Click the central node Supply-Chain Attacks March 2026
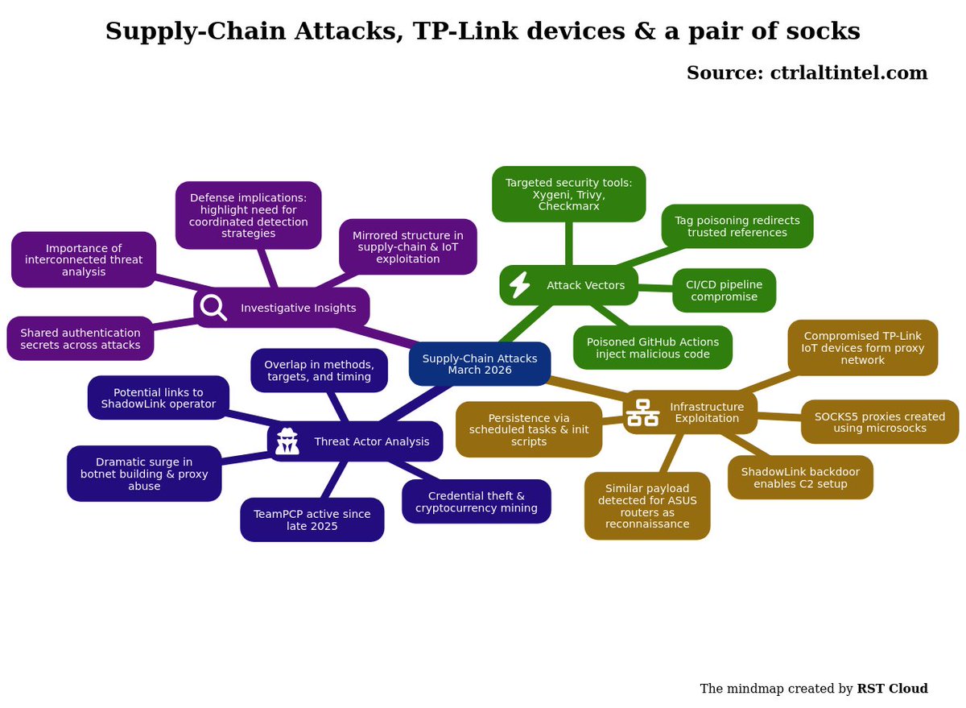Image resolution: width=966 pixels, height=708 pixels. point(480,364)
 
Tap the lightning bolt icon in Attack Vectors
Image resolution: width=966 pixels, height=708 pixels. point(520,285)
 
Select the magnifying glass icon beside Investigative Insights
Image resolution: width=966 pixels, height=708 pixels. point(213,308)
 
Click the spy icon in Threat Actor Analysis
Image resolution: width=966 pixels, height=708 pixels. point(287,441)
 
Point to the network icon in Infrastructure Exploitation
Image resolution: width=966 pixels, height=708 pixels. point(642,412)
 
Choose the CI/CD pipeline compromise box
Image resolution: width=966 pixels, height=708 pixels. point(724,290)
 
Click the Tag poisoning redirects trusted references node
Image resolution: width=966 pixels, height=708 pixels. point(737,226)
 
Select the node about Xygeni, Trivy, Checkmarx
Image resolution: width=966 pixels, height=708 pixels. point(569,194)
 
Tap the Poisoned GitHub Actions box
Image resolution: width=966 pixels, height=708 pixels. point(653,348)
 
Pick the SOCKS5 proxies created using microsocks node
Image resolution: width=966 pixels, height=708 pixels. point(880,422)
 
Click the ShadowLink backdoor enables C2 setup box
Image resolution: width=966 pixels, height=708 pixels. point(800,478)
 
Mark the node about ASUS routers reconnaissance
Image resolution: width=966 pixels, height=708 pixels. point(647,506)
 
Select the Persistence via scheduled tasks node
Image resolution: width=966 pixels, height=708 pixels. point(529,430)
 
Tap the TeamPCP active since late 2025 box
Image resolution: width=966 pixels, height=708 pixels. point(312,520)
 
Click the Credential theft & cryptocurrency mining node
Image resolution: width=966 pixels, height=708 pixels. point(477,501)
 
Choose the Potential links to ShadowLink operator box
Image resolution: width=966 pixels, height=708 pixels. point(159,398)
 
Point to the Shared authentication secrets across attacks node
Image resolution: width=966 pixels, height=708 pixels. point(80,338)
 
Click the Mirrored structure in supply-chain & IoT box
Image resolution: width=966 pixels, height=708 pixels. point(408,246)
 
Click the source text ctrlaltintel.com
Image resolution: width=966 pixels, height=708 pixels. point(848,72)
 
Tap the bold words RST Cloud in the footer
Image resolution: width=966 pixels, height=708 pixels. point(892,688)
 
